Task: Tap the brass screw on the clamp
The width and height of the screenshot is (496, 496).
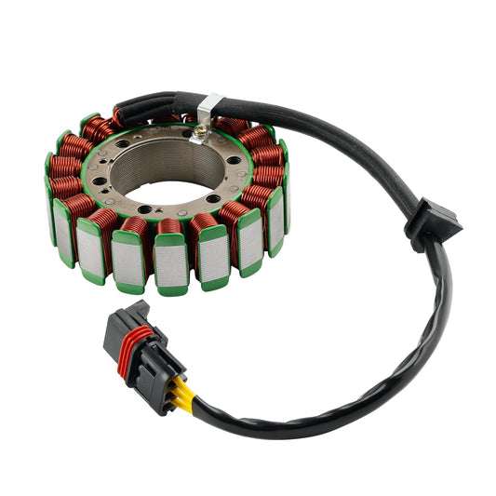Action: (199, 132)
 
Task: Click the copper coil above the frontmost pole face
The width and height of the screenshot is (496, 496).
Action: (168, 225)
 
